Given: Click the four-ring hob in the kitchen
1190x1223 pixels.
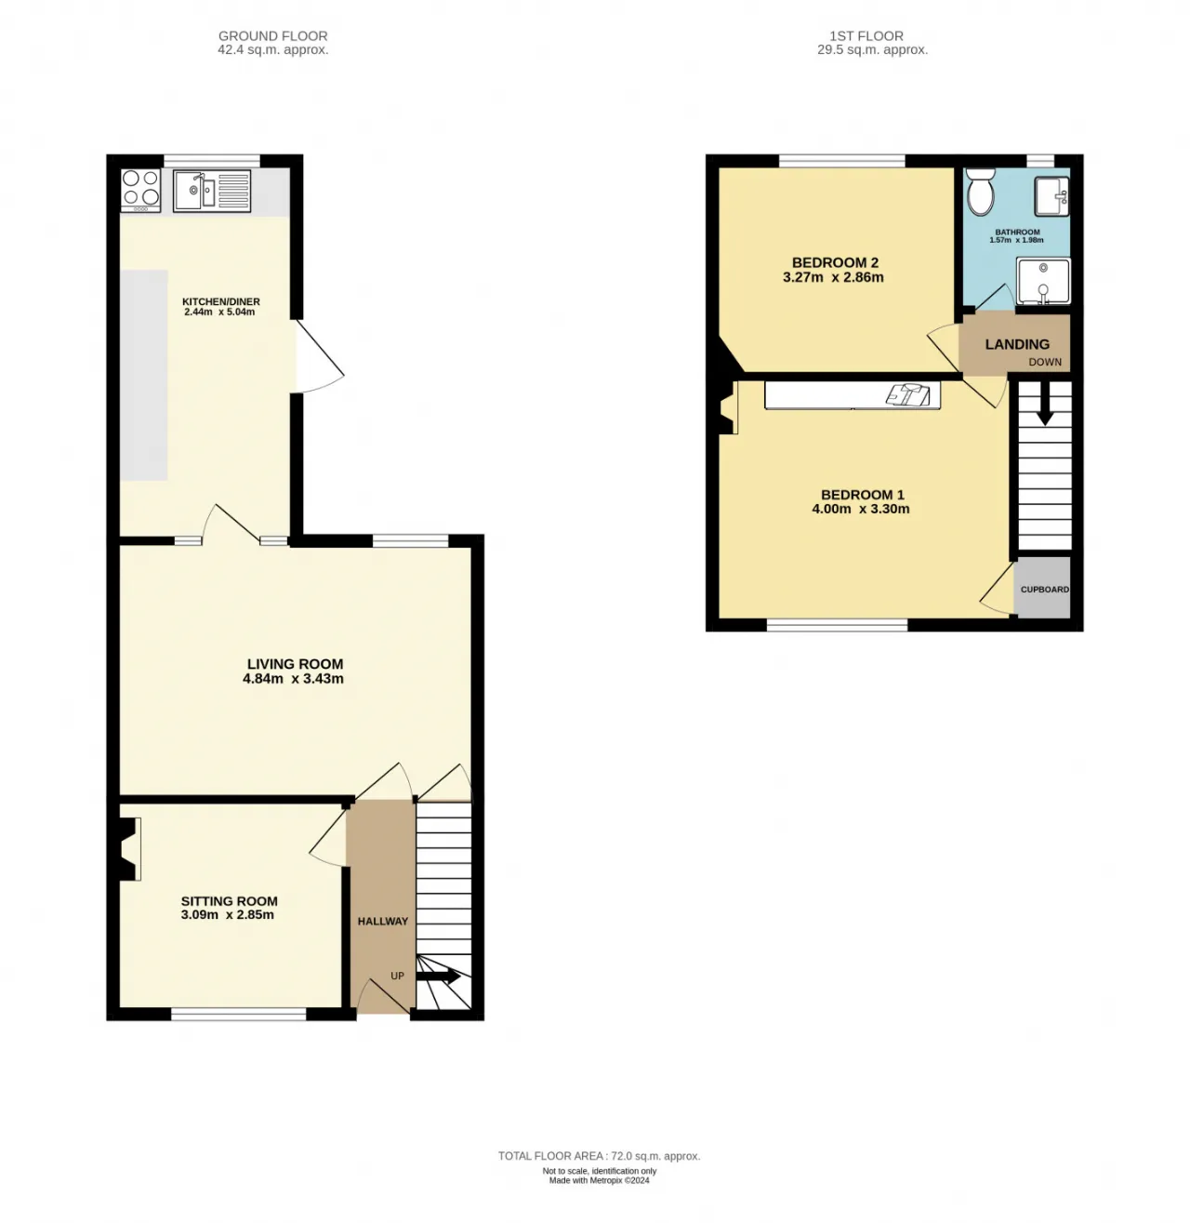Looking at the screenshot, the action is (141, 190).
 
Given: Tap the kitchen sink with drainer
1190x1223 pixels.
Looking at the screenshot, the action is (212, 190).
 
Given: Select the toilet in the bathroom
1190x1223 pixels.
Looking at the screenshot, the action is (979, 191).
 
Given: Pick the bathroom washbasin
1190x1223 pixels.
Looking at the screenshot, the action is (1051, 194).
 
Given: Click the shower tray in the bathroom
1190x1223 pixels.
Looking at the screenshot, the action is (1043, 280).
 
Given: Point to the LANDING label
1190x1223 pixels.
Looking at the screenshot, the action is (1016, 344).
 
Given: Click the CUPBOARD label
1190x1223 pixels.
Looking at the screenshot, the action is (1044, 589).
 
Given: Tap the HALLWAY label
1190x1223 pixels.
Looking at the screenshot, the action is (383, 921).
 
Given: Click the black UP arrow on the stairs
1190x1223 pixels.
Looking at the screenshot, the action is (438, 977).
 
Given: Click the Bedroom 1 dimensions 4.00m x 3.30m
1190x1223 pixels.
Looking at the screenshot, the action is (860, 509).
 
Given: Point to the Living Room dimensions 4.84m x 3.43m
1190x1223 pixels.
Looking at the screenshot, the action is (293, 678).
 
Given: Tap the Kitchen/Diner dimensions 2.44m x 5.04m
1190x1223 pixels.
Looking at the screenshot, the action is (219, 312).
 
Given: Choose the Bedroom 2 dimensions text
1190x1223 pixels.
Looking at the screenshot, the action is (833, 277).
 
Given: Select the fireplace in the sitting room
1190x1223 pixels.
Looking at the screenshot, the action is (129, 848).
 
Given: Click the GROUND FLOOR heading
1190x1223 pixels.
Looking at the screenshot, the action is (272, 36).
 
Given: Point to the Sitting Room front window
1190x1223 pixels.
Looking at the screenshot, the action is (238, 1013).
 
